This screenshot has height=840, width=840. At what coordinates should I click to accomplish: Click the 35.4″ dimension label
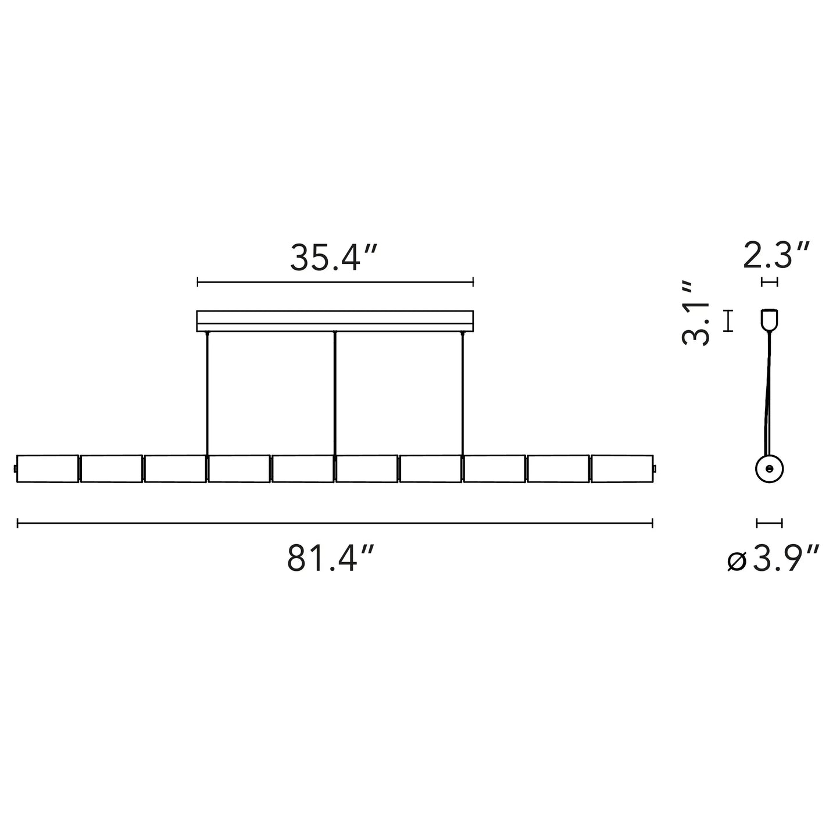point(333,258)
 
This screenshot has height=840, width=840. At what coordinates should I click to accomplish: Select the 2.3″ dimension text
point(776,256)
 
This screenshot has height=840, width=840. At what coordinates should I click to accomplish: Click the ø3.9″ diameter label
point(773,559)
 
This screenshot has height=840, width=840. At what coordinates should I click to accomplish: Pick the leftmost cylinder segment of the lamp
point(48,469)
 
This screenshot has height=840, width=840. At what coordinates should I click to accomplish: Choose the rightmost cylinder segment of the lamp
point(622,469)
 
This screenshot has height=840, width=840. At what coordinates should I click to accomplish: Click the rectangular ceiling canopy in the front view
point(335,321)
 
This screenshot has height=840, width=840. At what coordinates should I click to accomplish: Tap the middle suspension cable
point(335,394)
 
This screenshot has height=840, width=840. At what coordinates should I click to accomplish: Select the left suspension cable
point(207,394)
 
